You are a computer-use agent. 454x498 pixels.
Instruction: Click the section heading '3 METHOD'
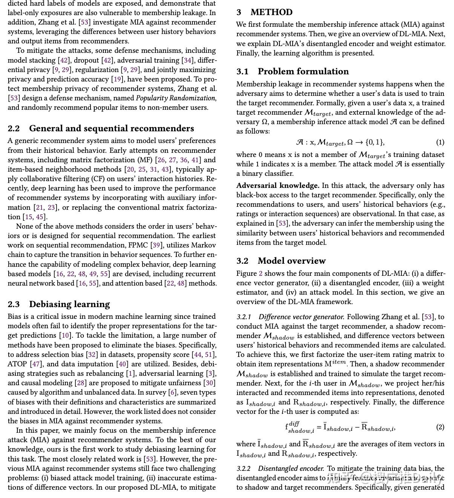(264, 12)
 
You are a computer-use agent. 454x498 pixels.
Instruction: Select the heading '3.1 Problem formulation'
(292, 71)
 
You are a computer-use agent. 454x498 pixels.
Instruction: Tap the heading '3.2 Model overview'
(281, 261)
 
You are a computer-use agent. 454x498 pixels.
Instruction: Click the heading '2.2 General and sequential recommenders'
(101, 128)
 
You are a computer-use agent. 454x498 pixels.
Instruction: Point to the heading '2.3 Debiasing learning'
(59, 304)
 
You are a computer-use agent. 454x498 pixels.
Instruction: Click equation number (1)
(440, 142)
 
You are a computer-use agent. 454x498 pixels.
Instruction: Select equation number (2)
(440, 427)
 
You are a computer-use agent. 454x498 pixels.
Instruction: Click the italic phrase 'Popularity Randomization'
(175, 98)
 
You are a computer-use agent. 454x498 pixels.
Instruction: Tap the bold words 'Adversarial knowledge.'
(278, 186)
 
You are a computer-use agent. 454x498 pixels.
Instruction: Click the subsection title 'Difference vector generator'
(301, 317)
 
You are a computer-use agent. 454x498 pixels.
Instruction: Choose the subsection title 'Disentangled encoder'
(291, 469)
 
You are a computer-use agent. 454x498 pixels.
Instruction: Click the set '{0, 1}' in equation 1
(375, 142)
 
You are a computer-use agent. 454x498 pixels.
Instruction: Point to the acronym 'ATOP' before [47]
(17, 364)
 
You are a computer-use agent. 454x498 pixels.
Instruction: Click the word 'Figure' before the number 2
(246, 274)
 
